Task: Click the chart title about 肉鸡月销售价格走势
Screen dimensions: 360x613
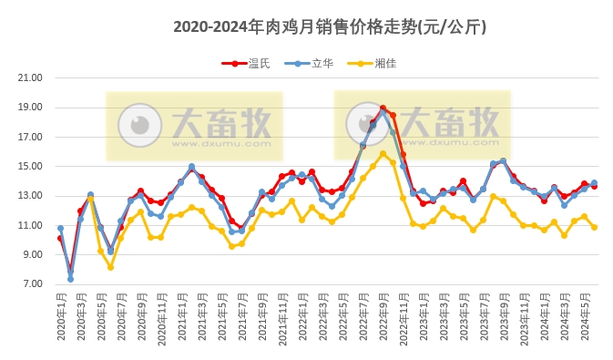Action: (330, 27)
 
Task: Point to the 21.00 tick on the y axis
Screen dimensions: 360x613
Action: (31, 78)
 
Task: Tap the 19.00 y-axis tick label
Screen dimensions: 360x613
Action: (31, 108)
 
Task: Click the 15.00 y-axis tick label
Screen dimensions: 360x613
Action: (31, 167)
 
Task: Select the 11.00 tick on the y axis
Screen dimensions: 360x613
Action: (31, 226)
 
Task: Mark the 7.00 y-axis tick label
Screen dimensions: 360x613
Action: (31, 284)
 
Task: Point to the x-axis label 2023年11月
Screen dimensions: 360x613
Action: (524, 314)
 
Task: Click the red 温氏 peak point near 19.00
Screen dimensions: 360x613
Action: (383, 108)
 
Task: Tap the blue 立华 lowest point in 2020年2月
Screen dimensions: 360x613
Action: (70, 279)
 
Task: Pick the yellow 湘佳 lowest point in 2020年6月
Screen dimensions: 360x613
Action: (110, 267)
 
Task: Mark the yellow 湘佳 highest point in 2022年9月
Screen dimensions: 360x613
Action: (383, 153)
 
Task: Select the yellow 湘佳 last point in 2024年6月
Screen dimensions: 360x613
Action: (594, 227)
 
